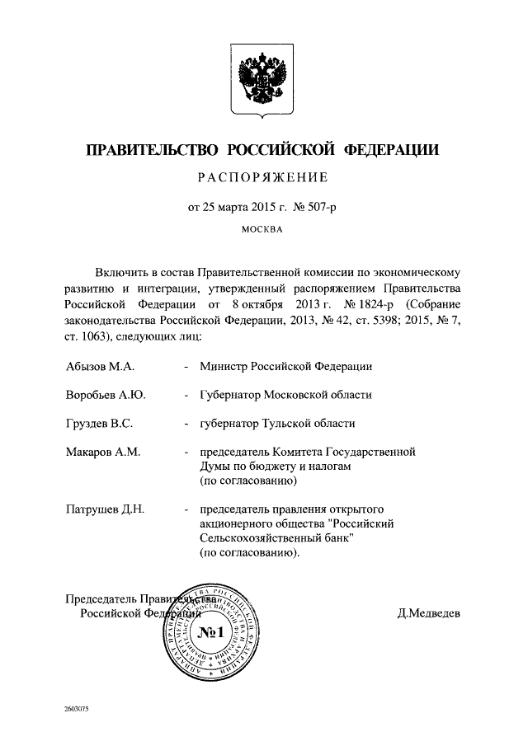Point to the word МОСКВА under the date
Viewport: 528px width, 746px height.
tap(262, 230)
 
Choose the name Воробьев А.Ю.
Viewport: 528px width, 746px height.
tap(105, 395)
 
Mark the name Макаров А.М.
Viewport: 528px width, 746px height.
tap(102, 453)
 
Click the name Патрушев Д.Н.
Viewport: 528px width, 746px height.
tap(105, 509)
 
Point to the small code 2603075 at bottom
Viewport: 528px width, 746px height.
tap(76, 710)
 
